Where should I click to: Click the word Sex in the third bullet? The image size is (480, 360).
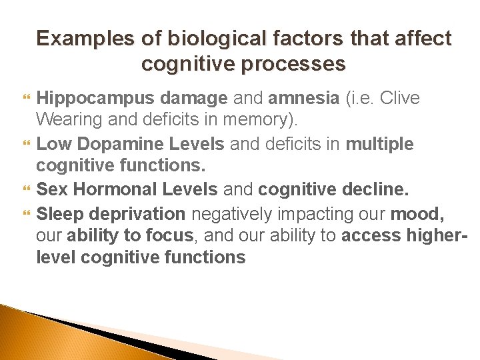[52, 189]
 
